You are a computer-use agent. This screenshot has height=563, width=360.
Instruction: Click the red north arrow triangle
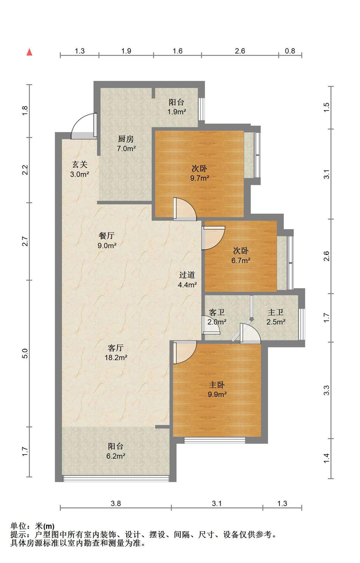click(x=29, y=52)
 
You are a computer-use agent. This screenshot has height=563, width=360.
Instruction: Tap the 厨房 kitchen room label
click(x=126, y=139)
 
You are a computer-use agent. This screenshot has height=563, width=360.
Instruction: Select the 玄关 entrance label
click(x=80, y=165)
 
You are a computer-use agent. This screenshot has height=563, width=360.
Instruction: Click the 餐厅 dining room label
click(x=107, y=236)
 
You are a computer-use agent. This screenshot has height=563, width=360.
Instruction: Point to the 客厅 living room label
click(x=116, y=348)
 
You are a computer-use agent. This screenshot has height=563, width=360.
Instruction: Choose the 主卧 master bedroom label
click(x=217, y=385)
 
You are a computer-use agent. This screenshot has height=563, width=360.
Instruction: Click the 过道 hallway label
click(x=187, y=275)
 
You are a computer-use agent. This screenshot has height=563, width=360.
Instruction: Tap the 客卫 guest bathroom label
click(x=217, y=312)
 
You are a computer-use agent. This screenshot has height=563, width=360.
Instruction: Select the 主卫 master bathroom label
click(x=276, y=312)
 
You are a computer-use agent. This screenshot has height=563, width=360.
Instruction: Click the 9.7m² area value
click(x=200, y=178)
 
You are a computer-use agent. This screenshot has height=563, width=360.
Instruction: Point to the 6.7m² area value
click(x=241, y=260)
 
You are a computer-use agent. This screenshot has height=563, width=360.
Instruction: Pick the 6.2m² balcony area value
click(x=116, y=456)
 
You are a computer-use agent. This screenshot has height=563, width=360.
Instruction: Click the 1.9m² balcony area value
click(x=177, y=112)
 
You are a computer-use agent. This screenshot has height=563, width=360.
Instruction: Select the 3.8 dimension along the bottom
click(x=116, y=503)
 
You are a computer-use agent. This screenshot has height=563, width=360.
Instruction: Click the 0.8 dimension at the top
click(x=290, y=51)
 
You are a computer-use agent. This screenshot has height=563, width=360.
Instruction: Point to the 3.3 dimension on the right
click(x=327, y=390)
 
